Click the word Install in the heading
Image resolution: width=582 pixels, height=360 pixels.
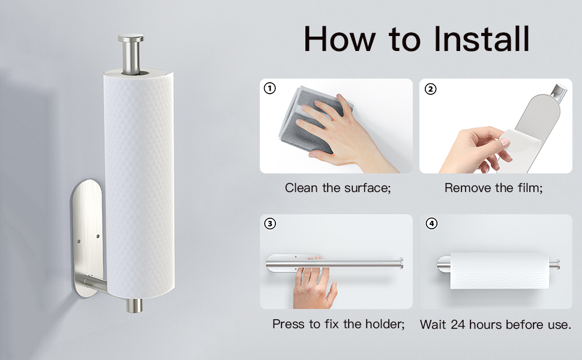(481, 39)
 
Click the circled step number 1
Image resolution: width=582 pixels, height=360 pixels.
(270, 88)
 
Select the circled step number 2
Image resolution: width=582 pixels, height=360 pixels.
(431, 89)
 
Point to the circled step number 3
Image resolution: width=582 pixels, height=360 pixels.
(270, 224)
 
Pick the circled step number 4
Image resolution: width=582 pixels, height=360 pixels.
(431, 224)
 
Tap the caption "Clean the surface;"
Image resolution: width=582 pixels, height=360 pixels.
(338, 188)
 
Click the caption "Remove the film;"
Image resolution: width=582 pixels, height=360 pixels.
(493, 188)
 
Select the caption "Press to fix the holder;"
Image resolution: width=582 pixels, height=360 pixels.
(338, 324)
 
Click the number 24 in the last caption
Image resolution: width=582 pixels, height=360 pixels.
(458, 325)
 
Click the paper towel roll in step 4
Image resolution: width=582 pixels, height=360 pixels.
(499, 271)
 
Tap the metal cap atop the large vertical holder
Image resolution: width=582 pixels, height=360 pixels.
(131, 38)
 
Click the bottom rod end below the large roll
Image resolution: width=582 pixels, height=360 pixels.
(134, 305)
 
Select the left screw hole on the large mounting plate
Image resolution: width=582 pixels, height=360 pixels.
(79, 241)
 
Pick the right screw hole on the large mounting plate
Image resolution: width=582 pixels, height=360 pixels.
(98, 236)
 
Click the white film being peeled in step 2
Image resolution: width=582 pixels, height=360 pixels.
(520, 148)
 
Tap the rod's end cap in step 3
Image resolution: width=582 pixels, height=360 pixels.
(401, 263)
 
